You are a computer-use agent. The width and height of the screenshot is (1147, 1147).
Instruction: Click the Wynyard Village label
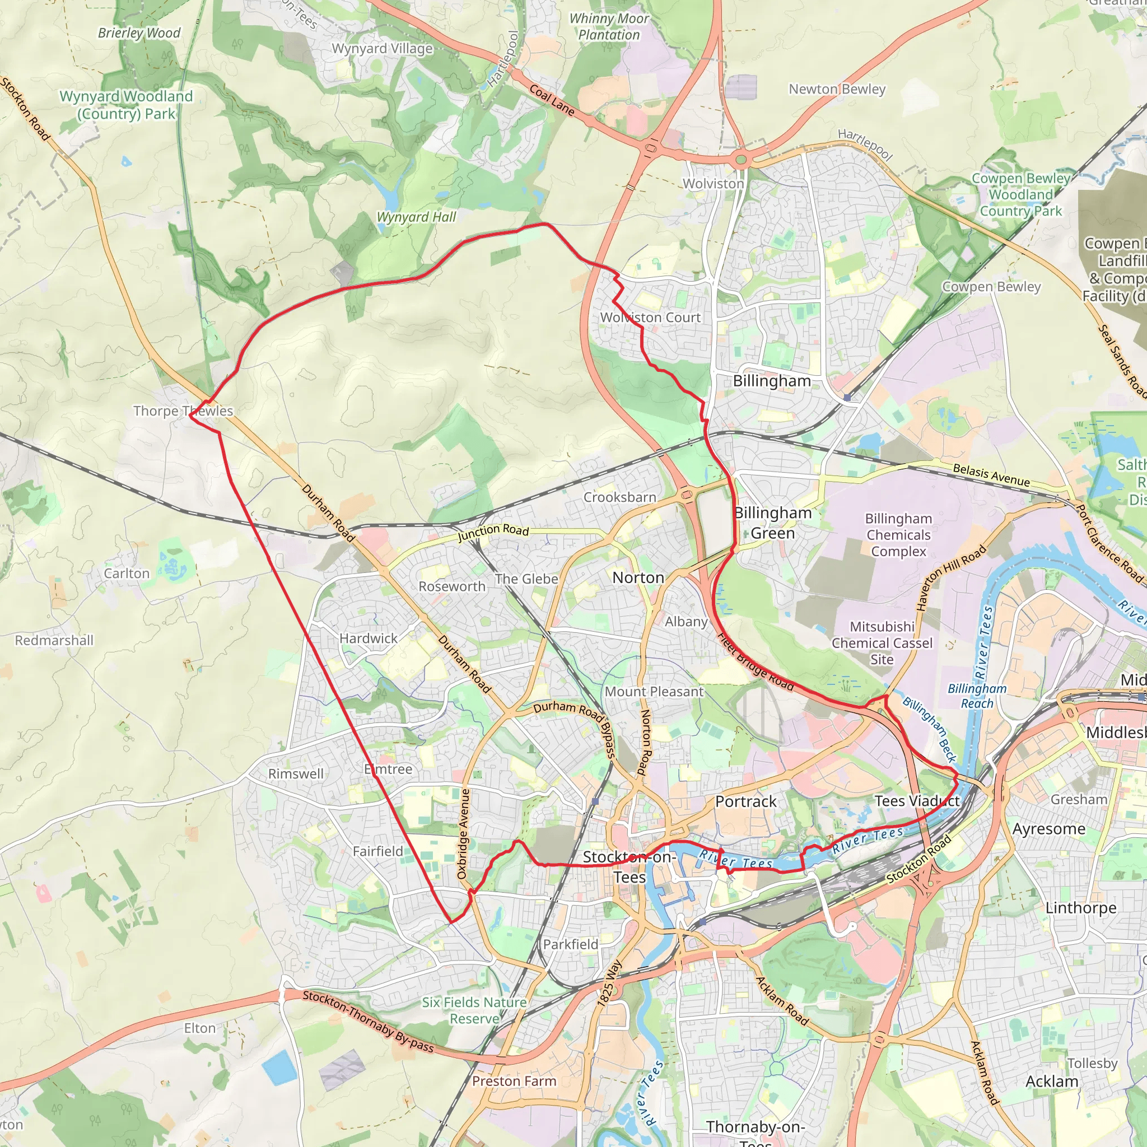(x=382, y=49)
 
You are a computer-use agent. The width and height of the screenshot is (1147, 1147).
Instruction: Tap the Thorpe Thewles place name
(x=183, y=411)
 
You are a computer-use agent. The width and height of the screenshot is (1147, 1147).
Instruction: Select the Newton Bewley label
(x=837, y=89)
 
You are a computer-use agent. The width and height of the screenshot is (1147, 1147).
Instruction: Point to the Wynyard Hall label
(x=416, y=217)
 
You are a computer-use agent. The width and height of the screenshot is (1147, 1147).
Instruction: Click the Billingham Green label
(x=772, y=523)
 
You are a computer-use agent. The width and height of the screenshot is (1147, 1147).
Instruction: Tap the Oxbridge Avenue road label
(x=463, y=833)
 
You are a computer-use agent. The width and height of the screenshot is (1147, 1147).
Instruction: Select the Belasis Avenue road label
(x=991, y=475)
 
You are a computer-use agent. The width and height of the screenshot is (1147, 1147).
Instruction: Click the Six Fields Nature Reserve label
(x=474, y=1010)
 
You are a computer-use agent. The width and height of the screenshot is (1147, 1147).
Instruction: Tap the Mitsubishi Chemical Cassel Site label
(x=882, y=643)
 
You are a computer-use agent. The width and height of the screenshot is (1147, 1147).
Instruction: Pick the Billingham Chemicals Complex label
(x=898, y=535)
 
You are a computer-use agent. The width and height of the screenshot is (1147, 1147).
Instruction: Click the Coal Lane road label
(x=552, y=100)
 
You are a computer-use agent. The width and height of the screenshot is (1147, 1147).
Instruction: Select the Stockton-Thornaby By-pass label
(x=368, y=1021)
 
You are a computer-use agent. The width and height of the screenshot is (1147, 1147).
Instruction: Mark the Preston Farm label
(x=514, y=1081)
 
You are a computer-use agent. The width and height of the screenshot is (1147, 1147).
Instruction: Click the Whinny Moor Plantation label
(x=609, y=27)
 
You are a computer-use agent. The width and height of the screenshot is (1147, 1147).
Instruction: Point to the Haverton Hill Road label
(x=950, y=577)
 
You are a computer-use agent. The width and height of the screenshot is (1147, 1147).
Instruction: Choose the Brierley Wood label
(x=139, y=33)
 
